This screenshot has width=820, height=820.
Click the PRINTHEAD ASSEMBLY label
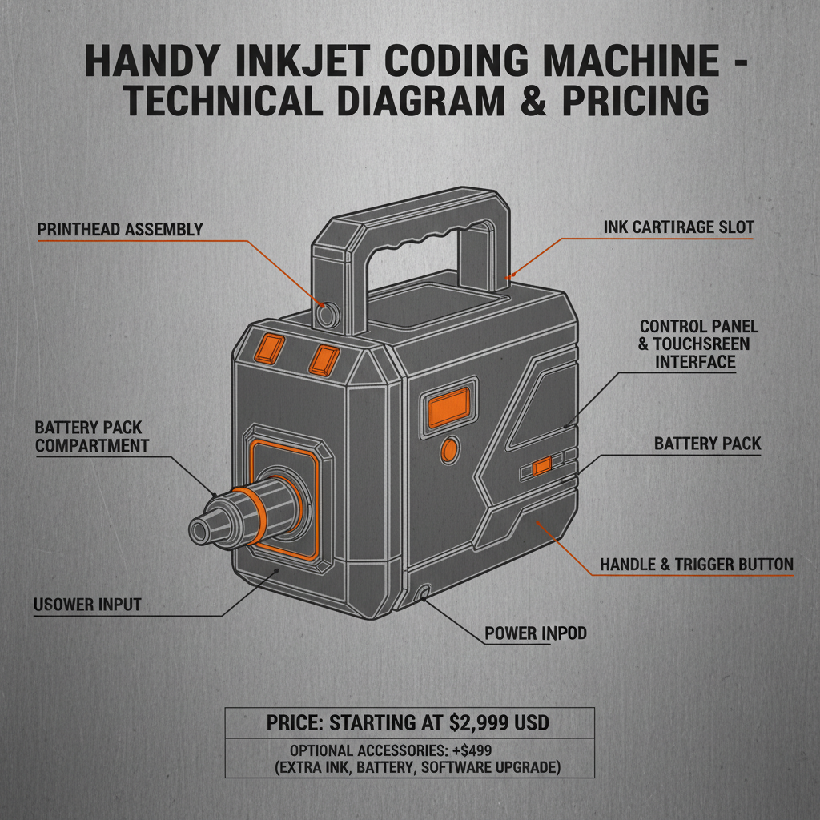[120, 230]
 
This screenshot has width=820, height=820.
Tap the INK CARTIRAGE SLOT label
[678, 227]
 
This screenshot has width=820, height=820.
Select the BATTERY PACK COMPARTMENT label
[92, 436]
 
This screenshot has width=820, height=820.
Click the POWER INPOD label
[535, 633]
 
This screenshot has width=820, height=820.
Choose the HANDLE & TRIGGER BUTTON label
[696, 565]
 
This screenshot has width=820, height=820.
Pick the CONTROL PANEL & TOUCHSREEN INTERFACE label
[698, 344]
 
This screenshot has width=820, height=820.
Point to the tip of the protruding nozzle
[200, 529]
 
